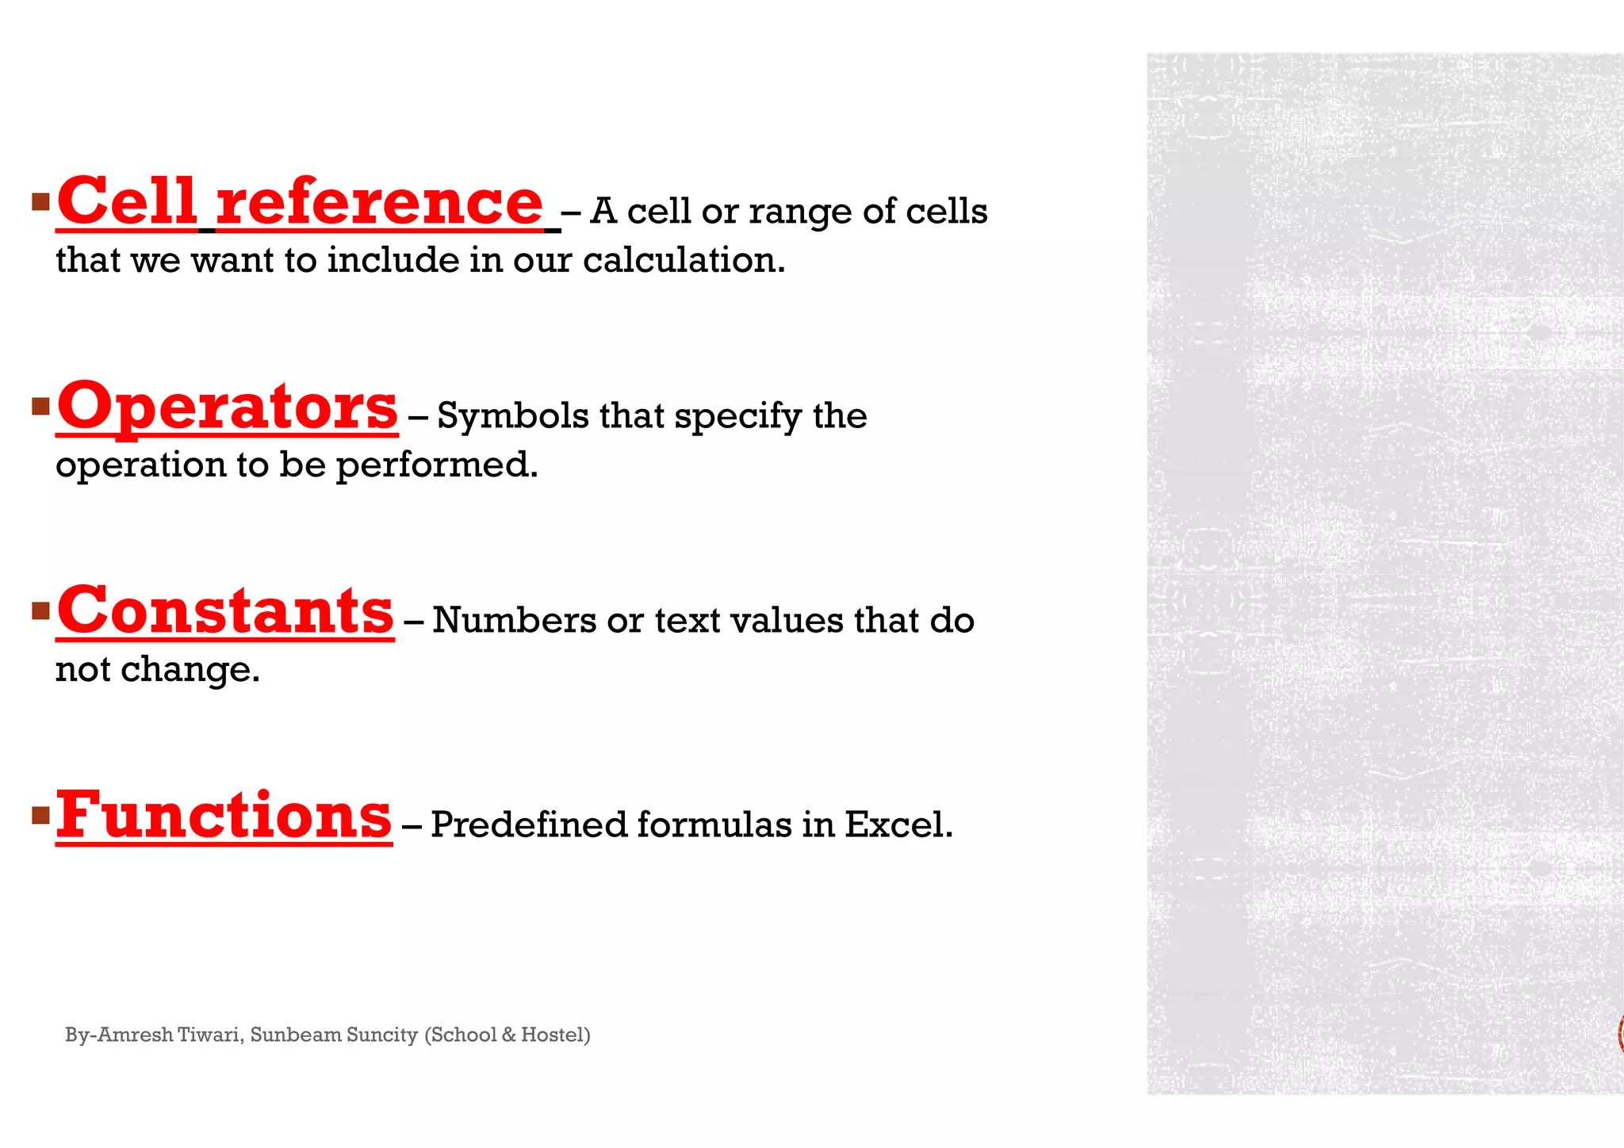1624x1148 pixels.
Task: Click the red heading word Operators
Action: click(x=227, y=407)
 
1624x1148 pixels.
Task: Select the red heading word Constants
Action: click(x=225, y=611)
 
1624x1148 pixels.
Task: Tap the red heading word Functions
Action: click(x=224, y=816)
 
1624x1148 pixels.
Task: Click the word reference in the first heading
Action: click(x=379, y=202)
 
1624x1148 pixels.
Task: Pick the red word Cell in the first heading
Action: click(x=127, y=202)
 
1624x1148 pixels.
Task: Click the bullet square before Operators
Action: click(x=40, y=407)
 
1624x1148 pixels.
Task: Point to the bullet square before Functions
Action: click(x=40, y=815)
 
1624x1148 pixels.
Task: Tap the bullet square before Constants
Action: click(x=40, y=611)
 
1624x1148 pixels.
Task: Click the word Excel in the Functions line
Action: click(x=897, y=825)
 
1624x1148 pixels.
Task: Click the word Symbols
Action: click(x=512, y=416)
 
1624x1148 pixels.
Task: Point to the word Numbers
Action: click(x=514, y=620)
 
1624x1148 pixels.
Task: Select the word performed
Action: click(x=437, y=465)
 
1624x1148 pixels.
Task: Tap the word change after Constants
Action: click(x=190, y=670)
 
